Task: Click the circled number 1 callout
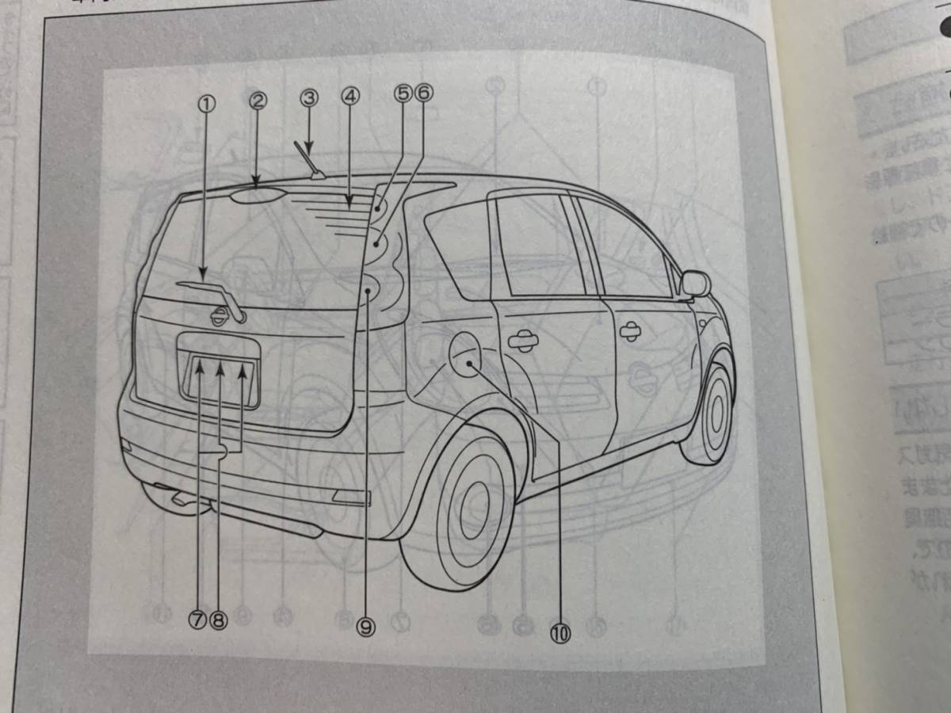206,103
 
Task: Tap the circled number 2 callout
258,101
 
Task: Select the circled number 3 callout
309,98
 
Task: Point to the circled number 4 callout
351,97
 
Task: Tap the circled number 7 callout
198,620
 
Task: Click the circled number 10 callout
561,633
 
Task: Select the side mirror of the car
695,284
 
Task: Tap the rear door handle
522,341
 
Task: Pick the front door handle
632,332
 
